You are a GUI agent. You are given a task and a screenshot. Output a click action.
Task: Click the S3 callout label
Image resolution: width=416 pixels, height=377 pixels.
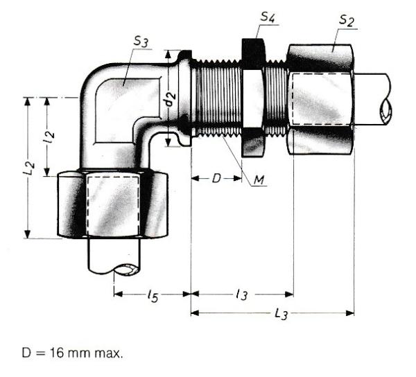coord(141,42)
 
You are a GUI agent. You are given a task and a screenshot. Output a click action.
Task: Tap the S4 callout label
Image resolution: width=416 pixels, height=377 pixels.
coord(268,17)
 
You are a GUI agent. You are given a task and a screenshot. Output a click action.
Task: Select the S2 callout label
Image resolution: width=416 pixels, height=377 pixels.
coord(347,21)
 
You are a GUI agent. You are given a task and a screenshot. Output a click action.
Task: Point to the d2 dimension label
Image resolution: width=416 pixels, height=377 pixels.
coord(171,98)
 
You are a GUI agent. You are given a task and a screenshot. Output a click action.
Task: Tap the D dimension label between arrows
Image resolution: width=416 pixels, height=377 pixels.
coord(216,178)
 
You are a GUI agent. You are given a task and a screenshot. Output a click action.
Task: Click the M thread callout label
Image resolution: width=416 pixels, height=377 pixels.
coord(259,180)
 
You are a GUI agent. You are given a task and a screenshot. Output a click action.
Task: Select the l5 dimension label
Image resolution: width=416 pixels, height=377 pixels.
coord(153,296)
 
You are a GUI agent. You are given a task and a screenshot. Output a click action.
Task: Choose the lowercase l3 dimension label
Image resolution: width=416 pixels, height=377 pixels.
coord(242,294)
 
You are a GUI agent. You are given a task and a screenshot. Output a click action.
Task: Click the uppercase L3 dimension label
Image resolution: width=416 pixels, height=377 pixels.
coord(281,315)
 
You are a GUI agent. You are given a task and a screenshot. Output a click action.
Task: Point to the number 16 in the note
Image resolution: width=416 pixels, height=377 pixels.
coord(57,353)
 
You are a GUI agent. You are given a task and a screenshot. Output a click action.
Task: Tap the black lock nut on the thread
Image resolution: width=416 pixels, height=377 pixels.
coord(252,98)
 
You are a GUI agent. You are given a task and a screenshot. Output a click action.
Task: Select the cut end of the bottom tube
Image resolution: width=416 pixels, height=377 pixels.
coord(126,270)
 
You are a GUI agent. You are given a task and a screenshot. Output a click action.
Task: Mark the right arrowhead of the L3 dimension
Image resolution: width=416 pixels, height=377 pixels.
coord(350,313)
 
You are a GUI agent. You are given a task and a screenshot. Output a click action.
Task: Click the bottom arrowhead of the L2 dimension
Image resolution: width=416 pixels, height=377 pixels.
coord(27,234)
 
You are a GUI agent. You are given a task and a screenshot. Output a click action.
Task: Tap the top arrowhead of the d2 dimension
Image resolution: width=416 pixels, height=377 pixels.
coord(168,55)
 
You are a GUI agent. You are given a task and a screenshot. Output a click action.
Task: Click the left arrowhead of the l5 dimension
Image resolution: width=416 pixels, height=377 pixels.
coord(118,294)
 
